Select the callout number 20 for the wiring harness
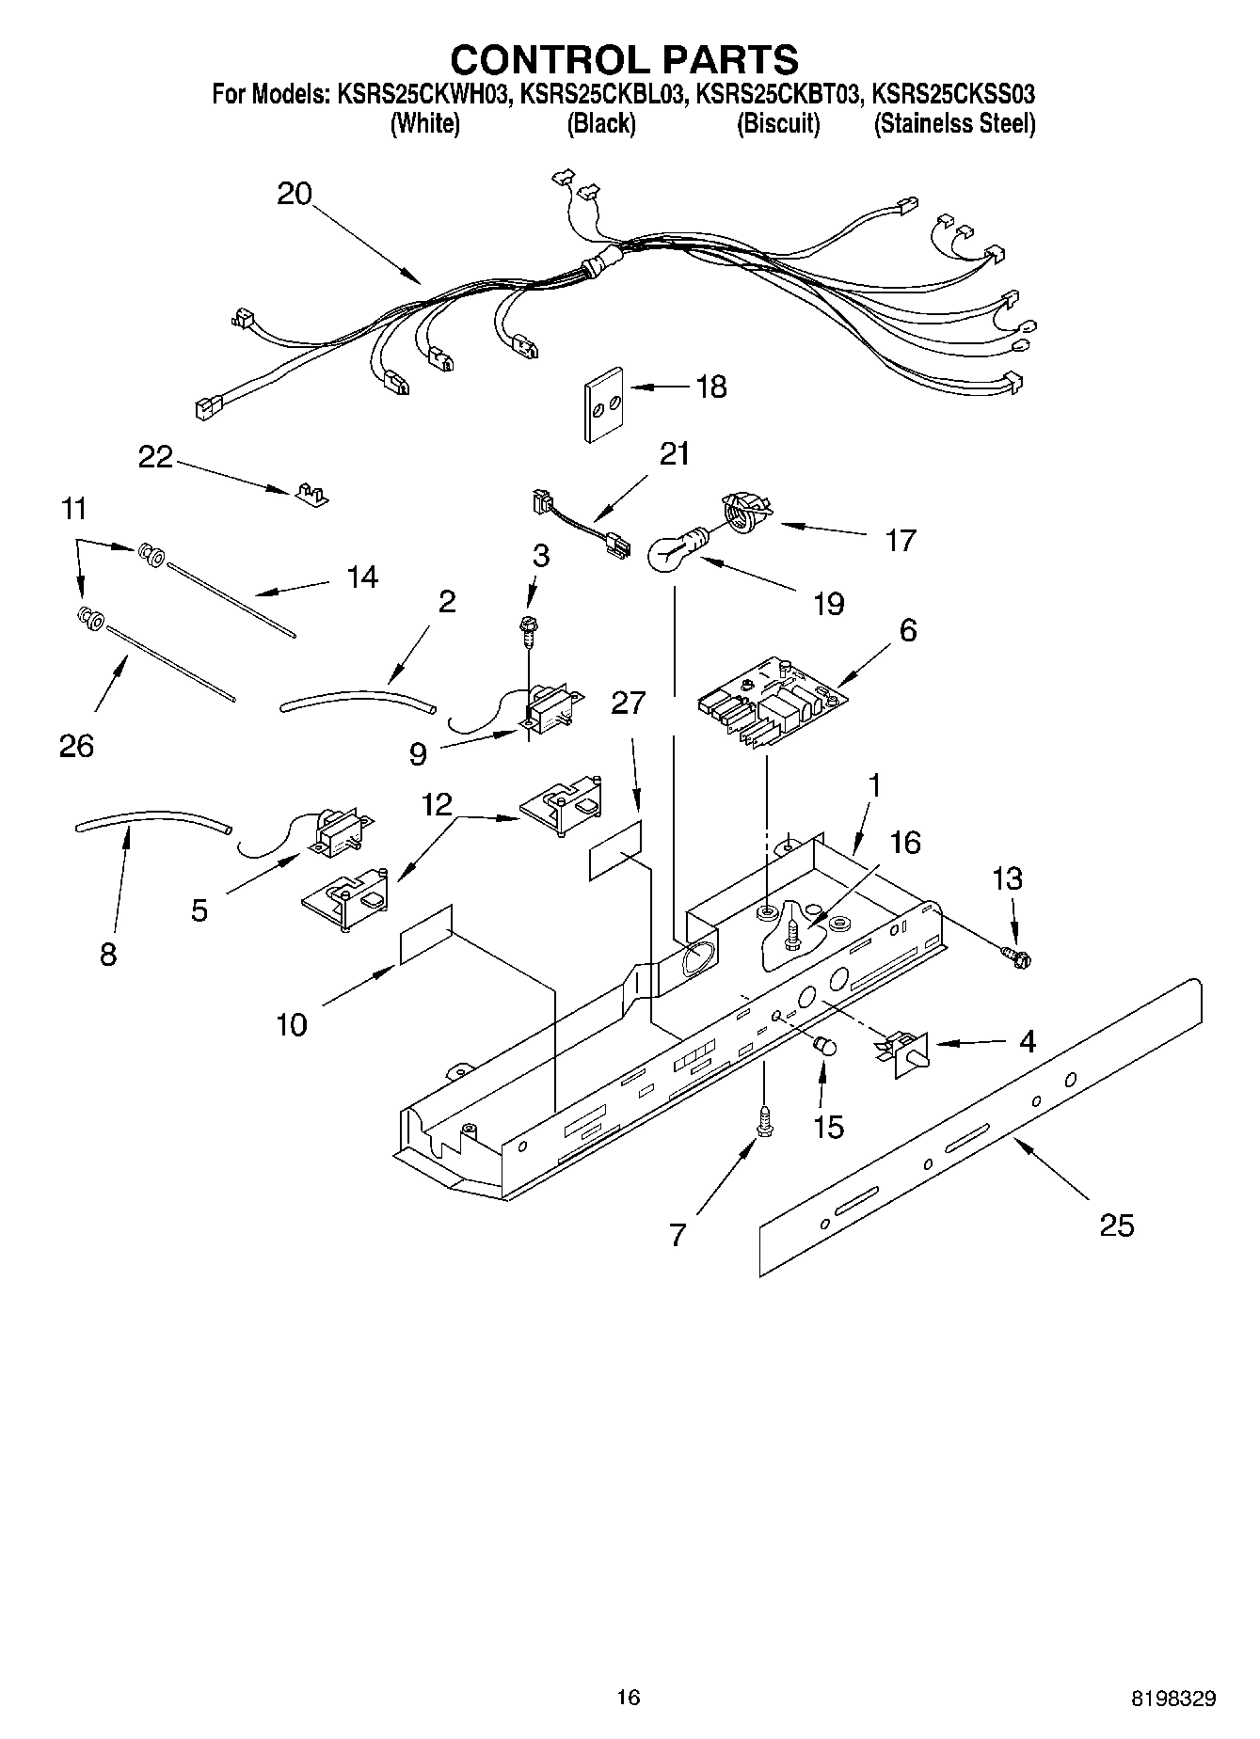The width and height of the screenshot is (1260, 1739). pos(294,194)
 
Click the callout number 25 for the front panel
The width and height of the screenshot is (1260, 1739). pos(1116,1225)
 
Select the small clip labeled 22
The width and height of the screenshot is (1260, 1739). pos(310,494)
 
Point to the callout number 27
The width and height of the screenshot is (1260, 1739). pos(629,702)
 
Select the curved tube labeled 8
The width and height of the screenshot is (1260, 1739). pos(151,821)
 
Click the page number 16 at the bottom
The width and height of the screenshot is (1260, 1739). pos(628,1697)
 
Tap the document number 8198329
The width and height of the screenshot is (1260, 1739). pos(1172,1699)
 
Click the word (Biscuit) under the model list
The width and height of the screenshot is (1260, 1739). pos(777,123)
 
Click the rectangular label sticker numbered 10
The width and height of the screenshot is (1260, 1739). pos(426,934)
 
